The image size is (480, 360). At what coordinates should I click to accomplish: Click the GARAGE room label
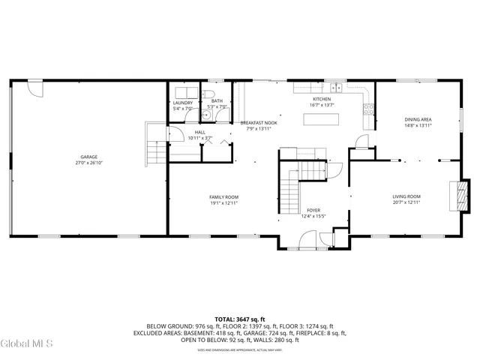point(89,157)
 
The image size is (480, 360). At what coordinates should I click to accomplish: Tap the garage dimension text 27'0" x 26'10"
point(89,163)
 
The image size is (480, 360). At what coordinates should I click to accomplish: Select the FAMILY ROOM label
point(223,196)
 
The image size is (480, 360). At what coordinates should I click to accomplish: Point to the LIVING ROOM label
point(406,196)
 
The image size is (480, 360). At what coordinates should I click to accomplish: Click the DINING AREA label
point(418,119)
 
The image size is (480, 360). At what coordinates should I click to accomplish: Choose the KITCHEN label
point(322,99)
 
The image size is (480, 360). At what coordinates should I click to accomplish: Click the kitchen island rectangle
point(323,118)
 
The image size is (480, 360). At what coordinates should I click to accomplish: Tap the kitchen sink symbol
point(337,88)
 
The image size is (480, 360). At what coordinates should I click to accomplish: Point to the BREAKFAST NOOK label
point(259,122)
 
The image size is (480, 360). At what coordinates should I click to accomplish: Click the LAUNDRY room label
point(183,103)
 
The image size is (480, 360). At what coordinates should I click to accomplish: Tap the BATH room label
point(217,101)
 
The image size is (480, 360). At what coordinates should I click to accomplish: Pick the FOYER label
point(313,211)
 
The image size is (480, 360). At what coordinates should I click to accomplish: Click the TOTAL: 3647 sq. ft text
point(240,319)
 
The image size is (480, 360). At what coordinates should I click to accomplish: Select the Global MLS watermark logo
point(27,344)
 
